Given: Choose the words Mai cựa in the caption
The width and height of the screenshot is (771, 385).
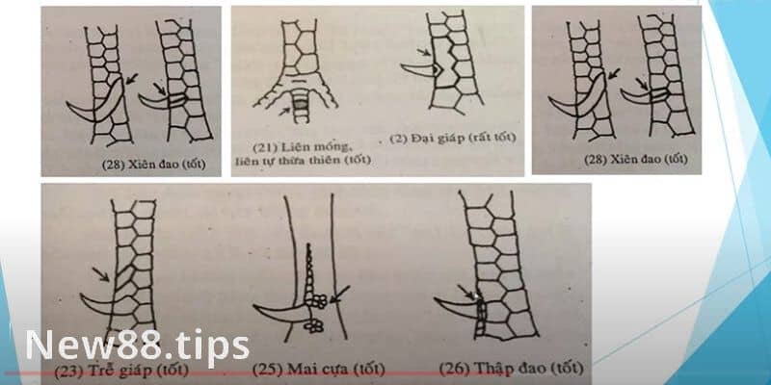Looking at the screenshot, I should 310,367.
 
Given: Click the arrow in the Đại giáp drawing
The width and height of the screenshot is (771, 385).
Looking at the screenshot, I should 421,54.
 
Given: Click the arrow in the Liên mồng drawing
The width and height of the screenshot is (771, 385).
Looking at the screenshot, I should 283,112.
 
